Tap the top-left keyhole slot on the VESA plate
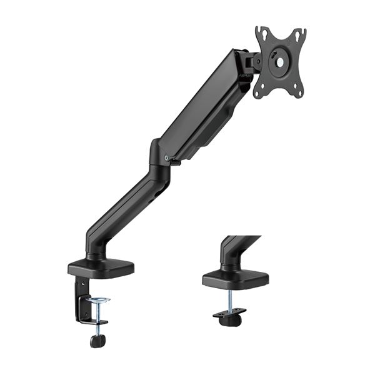click(262, 36)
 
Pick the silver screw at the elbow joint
click(166, 157)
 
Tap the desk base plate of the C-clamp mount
click(101, 267)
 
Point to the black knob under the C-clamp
click(97, 341)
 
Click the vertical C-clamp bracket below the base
click(81, 300)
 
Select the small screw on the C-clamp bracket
click(80, 289)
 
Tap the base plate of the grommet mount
click(235, 279)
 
